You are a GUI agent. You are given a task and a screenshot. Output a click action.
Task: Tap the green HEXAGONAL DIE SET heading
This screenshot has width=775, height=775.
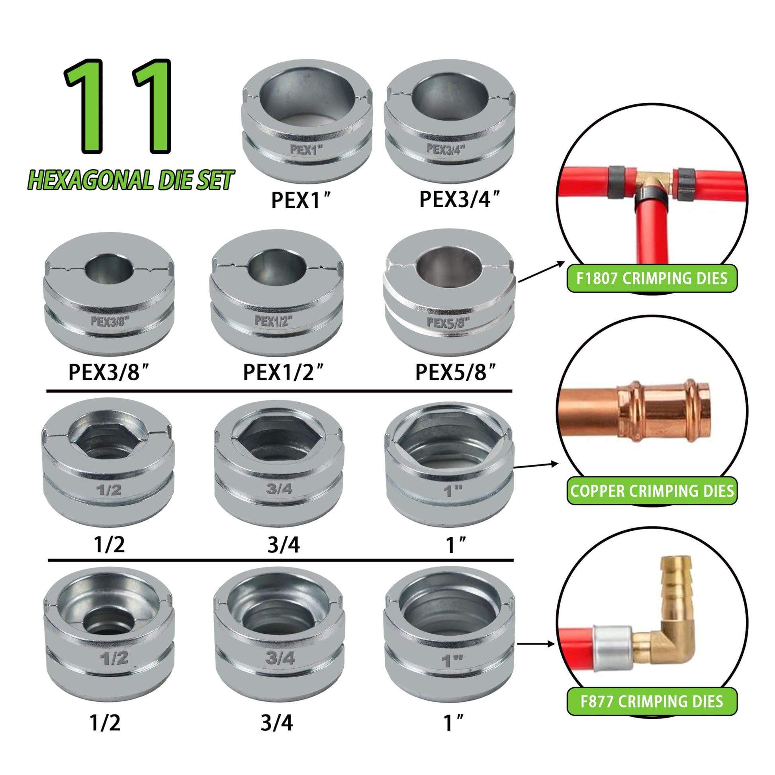tap(131, 180)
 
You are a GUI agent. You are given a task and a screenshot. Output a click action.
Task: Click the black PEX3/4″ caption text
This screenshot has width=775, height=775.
tap(460, 199)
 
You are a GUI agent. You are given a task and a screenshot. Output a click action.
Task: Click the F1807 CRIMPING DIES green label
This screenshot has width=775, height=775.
tap(652, 278)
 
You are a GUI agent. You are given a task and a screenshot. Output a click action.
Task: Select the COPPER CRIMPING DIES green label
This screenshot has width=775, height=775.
tap(652, 491)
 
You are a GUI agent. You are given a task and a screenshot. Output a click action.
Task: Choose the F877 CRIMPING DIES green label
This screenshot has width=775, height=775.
tap(652, 702)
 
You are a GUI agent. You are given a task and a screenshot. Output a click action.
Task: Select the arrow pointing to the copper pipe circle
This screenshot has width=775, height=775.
tap(536, 465)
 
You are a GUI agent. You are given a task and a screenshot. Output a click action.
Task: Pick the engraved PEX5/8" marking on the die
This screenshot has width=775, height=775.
tap(448, 322)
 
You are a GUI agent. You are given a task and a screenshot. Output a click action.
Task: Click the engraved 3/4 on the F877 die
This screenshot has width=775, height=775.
tap(280, 658)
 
